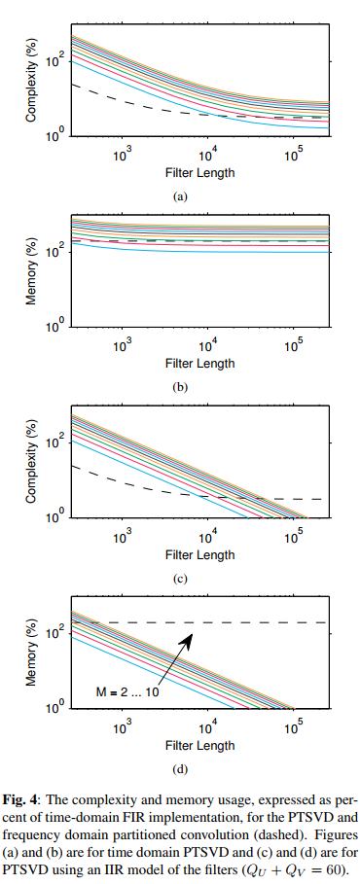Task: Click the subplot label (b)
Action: point(179,387)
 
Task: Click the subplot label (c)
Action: point(179,579)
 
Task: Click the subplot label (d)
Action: point(179,770)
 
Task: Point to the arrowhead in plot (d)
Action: point(193,635)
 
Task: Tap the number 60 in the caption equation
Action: point(338,863)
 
